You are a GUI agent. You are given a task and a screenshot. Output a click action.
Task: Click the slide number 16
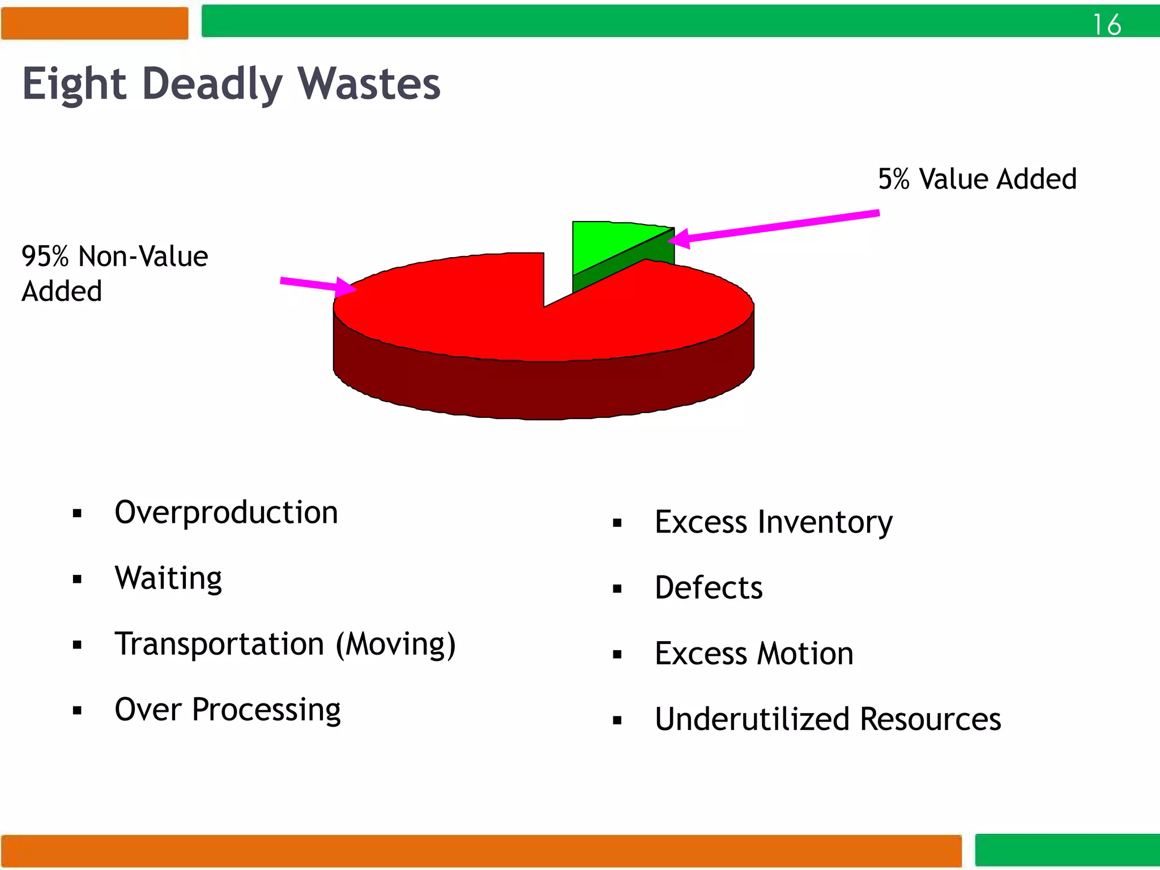(x=1107, y=25)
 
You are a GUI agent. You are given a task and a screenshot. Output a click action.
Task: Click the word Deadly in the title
(x=212, y=84)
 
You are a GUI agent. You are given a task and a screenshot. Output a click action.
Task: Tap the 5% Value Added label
(x=977, y=179)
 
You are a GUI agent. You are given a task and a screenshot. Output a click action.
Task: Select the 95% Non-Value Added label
(x=114, y=273)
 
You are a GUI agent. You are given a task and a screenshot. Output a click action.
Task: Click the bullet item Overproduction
(x=226, y=513)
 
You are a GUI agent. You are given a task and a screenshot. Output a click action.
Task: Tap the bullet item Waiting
(x=168, y=578)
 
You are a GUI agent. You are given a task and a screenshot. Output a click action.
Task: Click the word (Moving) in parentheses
(x=396, y=645)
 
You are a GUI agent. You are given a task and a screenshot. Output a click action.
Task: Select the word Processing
(x=266, y=710)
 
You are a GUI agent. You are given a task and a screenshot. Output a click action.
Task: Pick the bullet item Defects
(x=709, y=588)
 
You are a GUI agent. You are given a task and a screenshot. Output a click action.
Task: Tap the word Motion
(x=805, y=654)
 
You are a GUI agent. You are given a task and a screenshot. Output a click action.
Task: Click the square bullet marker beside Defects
(x=617, y=589)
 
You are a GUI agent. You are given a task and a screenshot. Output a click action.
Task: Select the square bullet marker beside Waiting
(x=77, y=579)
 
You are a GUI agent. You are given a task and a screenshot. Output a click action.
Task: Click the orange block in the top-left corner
(x=95, y=23)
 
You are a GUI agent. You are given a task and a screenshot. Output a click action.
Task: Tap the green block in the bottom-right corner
(x=1067, y=850)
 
